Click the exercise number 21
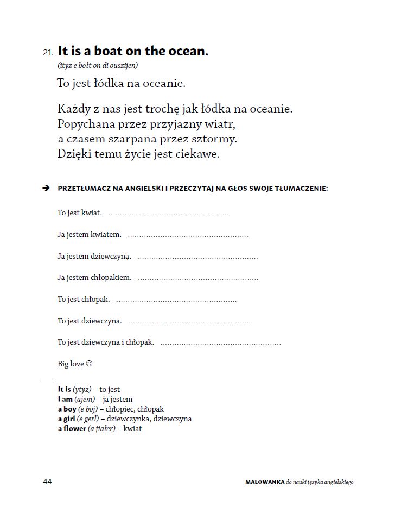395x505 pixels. coord(48,53)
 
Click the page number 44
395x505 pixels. coord(47,482)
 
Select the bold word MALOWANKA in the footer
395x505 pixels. coord(265,482)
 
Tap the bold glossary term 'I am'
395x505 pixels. coord(65,400)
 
